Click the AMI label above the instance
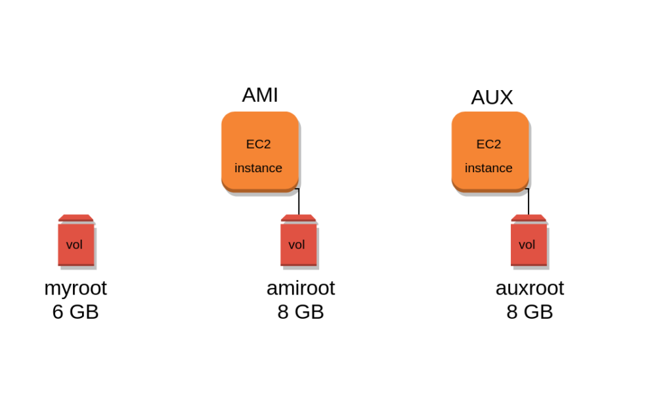260,95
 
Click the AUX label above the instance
492,97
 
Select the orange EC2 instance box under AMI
260,152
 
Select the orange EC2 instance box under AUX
490,152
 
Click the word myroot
76,288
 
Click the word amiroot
301,288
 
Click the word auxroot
529,288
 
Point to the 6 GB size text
76,312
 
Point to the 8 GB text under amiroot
301,312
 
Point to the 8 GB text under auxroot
529,312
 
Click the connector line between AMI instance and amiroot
299,202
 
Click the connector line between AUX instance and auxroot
529,202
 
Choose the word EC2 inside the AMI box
259,144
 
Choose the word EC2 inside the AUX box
488,144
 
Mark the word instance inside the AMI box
259,168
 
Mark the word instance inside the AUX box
488,168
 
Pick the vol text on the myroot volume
74,245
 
